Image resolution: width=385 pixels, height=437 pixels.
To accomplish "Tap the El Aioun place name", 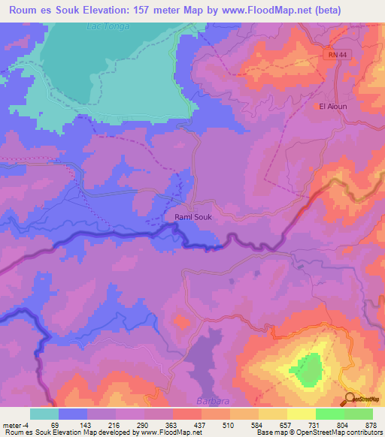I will (333, 107).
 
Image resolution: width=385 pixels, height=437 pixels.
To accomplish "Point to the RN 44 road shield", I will (338, 56).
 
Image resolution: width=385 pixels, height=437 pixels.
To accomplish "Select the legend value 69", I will (53, 425).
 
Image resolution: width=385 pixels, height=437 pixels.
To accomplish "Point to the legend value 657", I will (285, 425).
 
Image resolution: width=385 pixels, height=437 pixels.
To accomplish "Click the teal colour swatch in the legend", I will (44, 414).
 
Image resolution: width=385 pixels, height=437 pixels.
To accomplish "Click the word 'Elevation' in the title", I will (127, 11).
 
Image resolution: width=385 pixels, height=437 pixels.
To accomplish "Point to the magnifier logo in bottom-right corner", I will (350, 398).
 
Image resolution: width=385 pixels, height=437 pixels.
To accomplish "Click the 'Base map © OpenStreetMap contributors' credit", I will (315, 432).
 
